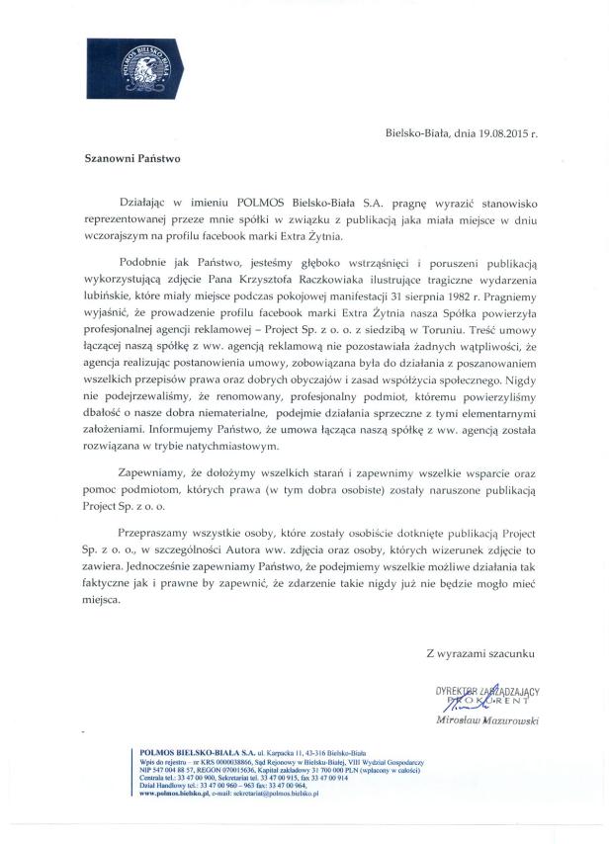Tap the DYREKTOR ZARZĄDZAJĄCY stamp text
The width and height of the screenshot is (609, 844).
tap(486, 692)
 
